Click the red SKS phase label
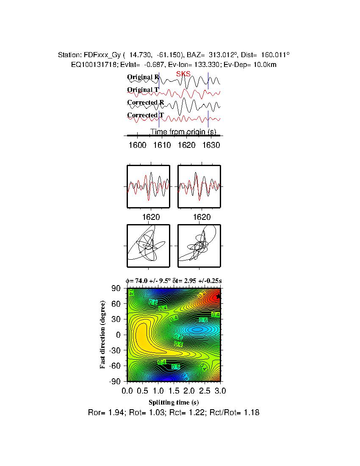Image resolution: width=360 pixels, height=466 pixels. coord(183,74)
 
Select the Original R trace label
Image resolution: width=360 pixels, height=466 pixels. coord(143,77)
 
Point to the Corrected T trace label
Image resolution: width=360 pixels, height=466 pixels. coord(145,115)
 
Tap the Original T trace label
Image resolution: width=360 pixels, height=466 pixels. coord(143,90)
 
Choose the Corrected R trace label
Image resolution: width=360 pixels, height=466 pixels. coord(145,103)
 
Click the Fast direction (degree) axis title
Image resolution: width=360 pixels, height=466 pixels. coord(103,335)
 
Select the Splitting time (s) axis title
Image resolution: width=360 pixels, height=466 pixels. coord(174,402)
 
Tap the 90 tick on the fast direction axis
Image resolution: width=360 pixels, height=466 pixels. coord(117,288)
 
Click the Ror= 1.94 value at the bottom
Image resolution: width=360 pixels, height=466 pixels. coord(104,412)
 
